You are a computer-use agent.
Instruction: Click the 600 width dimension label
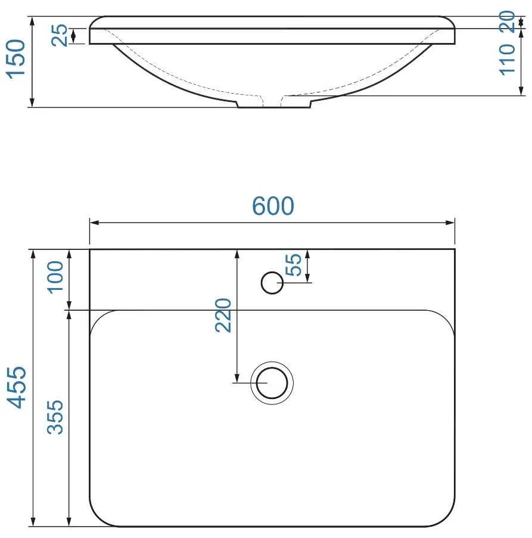pyautogui.click(x=273, y=206)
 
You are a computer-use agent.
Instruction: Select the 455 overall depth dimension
pyautogui.click(x=17, y=387)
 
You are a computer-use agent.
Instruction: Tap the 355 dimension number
pyautogui.click(x=55, y=418)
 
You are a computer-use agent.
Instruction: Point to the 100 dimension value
pyautogui.click(x=55, y=277)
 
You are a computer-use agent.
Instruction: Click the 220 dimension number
pyautogui.click(x=223, y=316)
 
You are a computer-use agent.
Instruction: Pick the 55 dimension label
pyautogui.click(x=294, y=265)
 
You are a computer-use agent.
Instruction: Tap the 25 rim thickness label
pyautogui.click(x=60, y=35)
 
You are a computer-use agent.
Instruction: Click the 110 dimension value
pyautogui.click(x=507, y=60)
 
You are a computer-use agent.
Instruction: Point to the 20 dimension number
pyautogui.click(x=507, y=21)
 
